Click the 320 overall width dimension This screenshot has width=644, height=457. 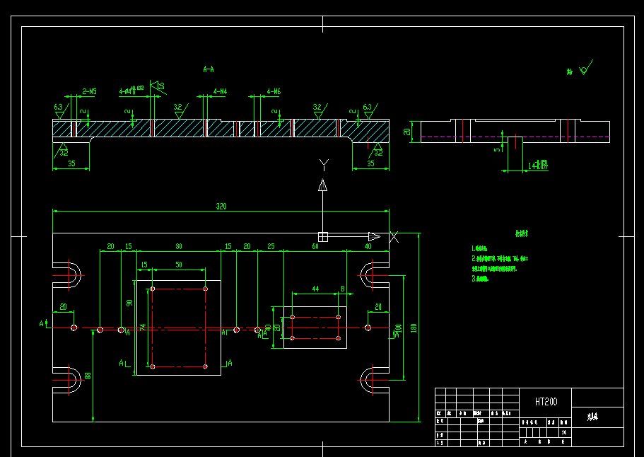point(221,206)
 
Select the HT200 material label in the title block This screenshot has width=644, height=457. point(546,401)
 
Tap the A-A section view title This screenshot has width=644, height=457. point(209,69)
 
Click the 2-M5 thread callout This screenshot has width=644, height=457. point(90,91)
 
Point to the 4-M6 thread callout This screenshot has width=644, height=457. point(274,91)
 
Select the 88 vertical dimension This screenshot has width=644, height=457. point(88,376)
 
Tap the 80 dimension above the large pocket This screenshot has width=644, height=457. point(179,246)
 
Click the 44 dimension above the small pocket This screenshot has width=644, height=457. point(315,289)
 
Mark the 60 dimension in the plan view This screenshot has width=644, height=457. point(315,246)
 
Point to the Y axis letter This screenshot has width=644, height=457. point(324,165)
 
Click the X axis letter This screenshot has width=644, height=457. point(394,236)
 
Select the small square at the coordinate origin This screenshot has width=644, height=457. point(323,236)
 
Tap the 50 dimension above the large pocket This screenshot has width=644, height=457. point(179,264)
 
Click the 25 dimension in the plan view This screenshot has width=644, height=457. point(271,246)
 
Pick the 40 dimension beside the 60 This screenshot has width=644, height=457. point(368,246)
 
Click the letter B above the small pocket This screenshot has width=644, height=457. point(343,289)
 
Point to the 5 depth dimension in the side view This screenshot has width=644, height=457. point(497,149)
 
